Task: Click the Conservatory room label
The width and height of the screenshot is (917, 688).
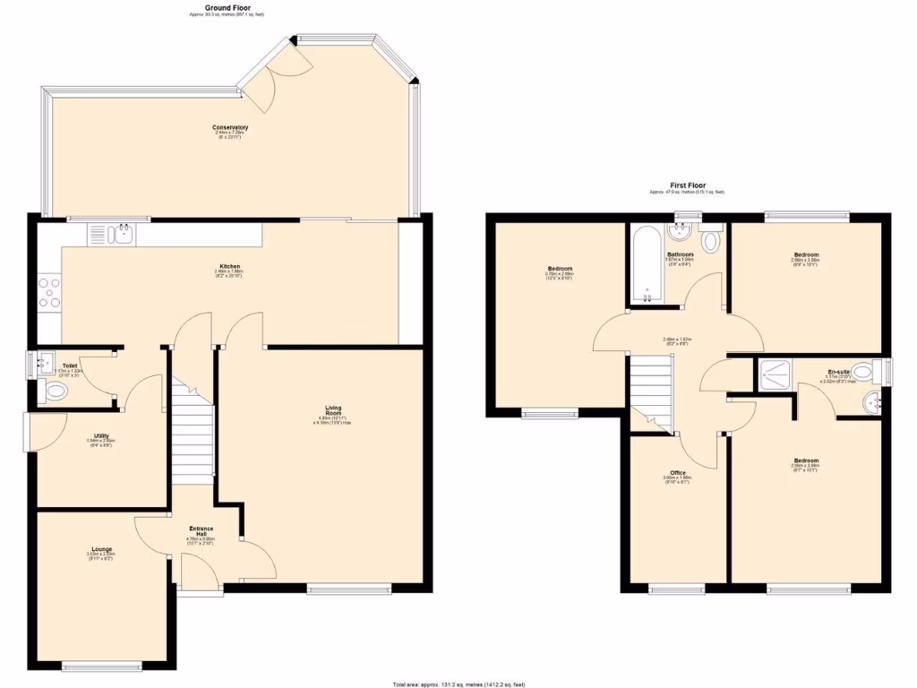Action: tap(225, 128)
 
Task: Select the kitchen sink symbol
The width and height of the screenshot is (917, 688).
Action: tap(122, 235)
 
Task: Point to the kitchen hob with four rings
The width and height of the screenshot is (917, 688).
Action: tap(49, 293)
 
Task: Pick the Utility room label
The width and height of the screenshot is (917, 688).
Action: tap(101, 436)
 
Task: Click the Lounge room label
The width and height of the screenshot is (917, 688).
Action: tap(101, 549)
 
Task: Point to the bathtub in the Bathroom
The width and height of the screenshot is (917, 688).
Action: tap(647, 264)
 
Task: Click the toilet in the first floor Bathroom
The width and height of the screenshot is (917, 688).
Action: tap(711, 241)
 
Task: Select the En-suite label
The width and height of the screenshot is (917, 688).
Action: tap(838, 371)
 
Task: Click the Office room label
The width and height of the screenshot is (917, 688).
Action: tap(678, 473)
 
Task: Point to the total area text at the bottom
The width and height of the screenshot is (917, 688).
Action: tap(458, 683)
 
